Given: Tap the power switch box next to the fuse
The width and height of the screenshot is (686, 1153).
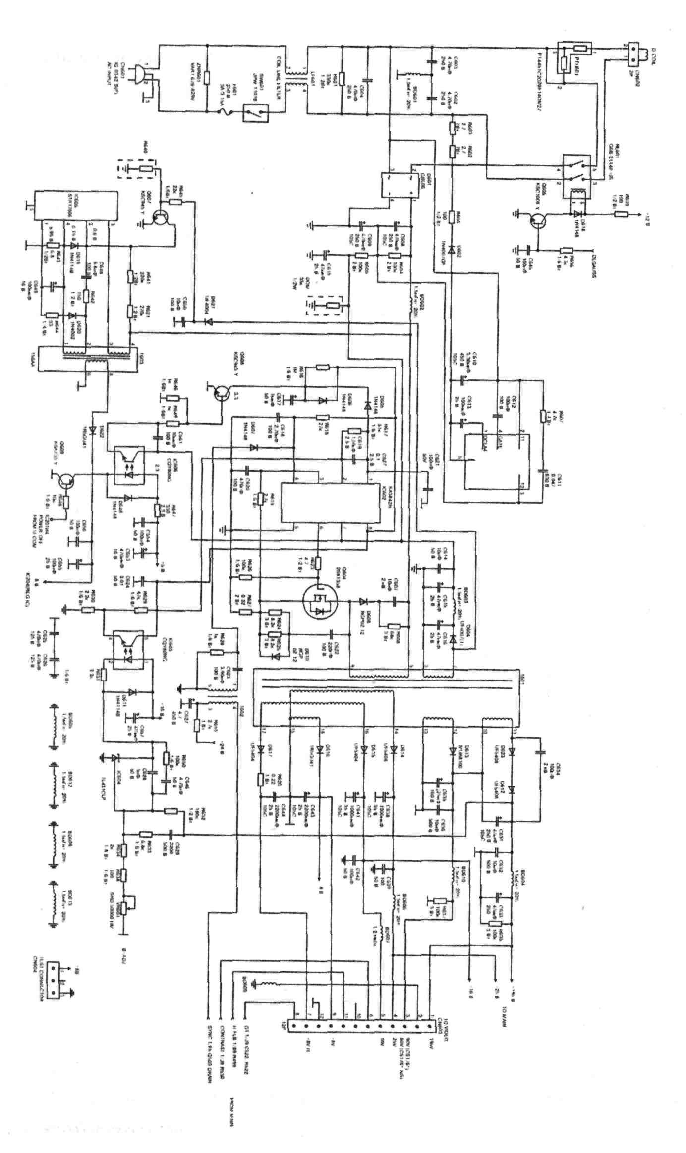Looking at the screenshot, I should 256,113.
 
